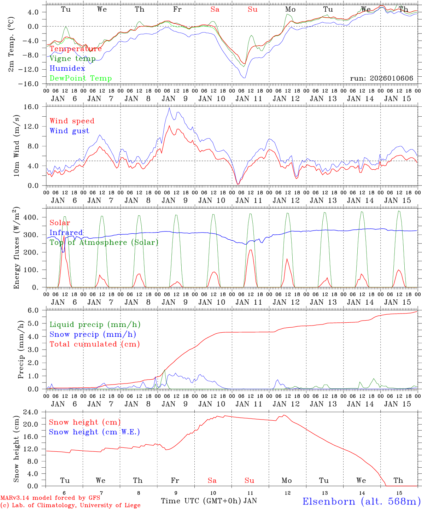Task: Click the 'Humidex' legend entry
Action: (x=67, y=69)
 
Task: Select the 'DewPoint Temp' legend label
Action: (x=81, y=78)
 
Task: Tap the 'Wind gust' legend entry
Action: (x=69, y=131)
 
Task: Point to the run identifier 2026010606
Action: (x=381, y=78)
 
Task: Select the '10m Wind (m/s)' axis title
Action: (x=16, y=145)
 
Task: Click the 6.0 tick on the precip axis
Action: (x=37, y=310)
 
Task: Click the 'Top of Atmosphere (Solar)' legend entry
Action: (x=104, y=242)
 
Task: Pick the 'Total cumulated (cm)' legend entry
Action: (x=94, y=344)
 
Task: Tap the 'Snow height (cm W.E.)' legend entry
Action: (x=94, y=432)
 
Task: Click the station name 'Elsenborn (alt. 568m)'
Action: (x=361, y=501)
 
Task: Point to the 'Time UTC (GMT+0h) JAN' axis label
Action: (x=209, y=501)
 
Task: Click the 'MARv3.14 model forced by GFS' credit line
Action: (x=50, y=498)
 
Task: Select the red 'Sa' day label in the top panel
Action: (x=215, y=10)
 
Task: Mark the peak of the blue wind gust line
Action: (x=169, y=108)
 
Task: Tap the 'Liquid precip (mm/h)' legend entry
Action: (x=95, y=324)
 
